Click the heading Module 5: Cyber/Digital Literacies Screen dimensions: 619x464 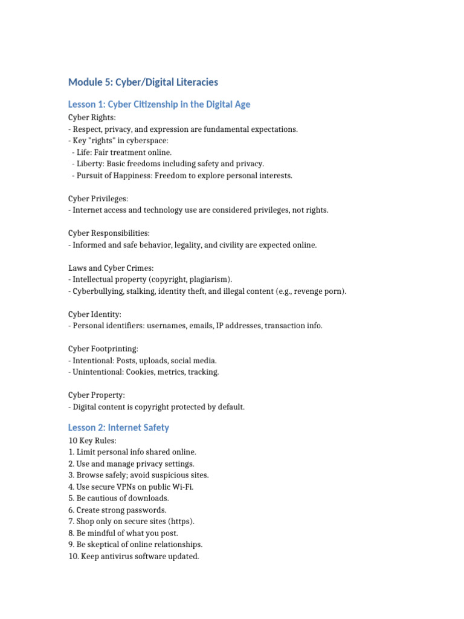143,82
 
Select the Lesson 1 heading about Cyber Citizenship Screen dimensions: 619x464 159,105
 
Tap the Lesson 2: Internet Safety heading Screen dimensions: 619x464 118,427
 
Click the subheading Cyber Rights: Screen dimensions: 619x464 92,117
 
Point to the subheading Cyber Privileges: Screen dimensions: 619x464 98,198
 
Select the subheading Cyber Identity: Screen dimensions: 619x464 95,314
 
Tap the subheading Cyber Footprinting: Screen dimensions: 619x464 103,349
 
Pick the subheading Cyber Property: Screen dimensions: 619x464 97,395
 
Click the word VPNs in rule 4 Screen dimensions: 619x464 124,487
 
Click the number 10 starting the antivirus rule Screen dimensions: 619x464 73,556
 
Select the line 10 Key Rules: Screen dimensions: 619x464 92,441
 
